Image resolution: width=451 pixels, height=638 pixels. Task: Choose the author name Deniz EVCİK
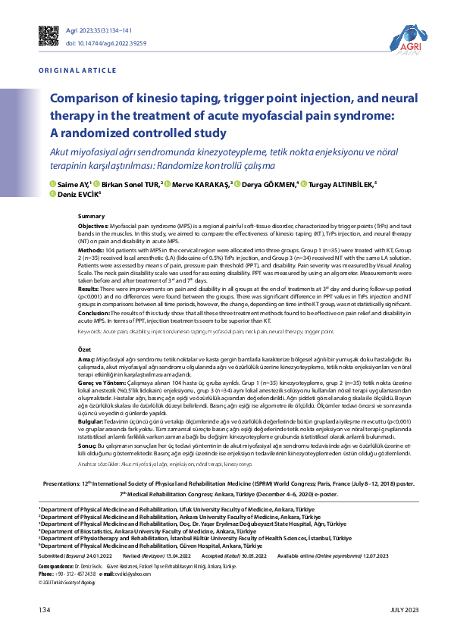pyautogui.click(x=77, y=194)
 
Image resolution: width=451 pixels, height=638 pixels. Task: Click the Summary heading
pyautogui.click(x=92, y=217)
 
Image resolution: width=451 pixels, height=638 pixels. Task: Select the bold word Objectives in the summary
pyautogui.click(x=94, y=227)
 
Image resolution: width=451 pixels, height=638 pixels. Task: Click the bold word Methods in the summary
pyautogui.click(x=91, y=249)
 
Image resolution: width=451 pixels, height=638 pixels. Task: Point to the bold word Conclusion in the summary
pyautogui.click(x=95, y=313)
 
